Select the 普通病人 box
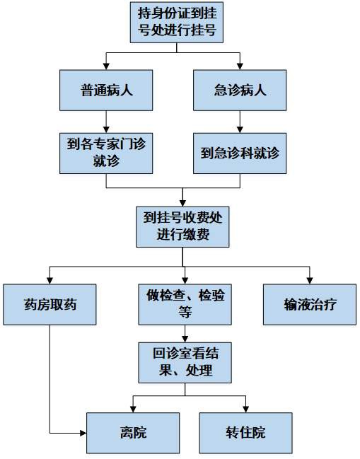[x=106, y=90]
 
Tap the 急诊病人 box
[x=240, y=90]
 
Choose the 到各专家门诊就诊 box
[x=106, y=152]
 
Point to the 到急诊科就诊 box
[x=240, y=152]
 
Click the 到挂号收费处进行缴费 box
[x=182, y=226]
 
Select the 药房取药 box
[x=50, y=305]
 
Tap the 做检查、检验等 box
[x=184, y=305]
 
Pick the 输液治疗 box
[x=310, y=305]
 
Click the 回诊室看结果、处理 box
[x=184, y=361]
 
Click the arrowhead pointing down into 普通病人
[x=106, y=66]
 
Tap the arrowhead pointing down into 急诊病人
[x=240, y=66]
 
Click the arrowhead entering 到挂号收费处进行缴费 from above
[x=182, y=202]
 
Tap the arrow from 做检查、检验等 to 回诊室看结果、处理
[x=184, y=332]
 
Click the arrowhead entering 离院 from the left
[x=82, y=432]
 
